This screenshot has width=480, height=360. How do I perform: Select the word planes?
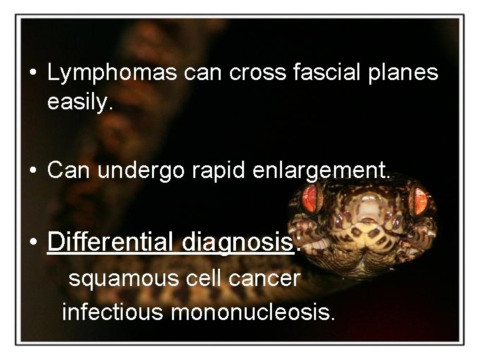[406, 73]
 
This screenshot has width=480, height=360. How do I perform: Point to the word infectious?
[113, 311]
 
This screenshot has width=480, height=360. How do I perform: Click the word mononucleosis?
[253, 311]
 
